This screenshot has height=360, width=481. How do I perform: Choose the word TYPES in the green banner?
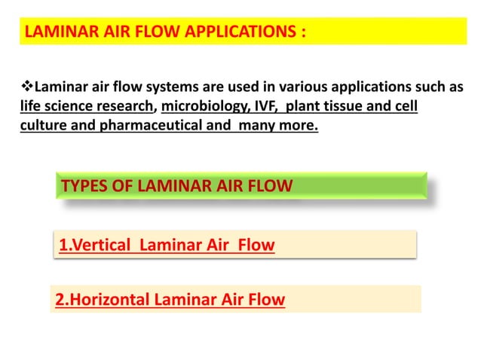coord(84,186)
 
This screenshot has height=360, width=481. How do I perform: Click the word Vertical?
coord(102,245)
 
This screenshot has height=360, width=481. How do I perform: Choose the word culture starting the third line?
coord(43,124)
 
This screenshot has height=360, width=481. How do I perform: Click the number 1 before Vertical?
coord(63,245)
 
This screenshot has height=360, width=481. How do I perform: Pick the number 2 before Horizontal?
coord(60,300)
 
